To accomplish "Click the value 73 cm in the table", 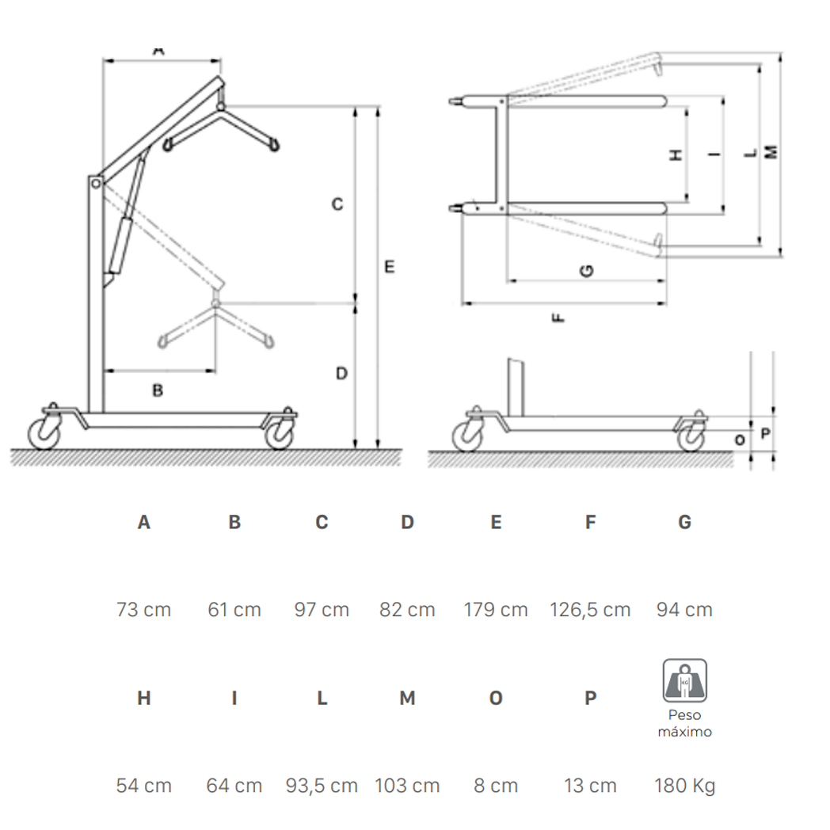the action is point(144,610).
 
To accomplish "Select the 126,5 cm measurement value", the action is point(590,611).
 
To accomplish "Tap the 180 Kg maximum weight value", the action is point(684,786).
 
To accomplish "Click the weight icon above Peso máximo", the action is point(685,680).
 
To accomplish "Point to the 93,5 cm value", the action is point(322,786).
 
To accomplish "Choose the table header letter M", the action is point(407,699).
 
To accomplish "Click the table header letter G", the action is point(684,522).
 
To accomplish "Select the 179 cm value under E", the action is point(496,610).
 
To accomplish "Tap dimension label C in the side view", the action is point(337,204).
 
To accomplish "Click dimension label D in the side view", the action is point(342,374).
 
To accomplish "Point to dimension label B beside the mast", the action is point(158,390).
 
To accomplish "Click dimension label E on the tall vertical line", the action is point(390,266).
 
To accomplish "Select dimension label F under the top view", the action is point(558,318).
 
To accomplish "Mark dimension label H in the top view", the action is point(676,155).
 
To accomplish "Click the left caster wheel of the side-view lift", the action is point(45,433).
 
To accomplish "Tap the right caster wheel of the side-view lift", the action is point(279,433).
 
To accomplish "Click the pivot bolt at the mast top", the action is point(96,184).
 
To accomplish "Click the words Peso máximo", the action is point(684,723).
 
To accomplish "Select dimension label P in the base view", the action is point(765,433).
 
